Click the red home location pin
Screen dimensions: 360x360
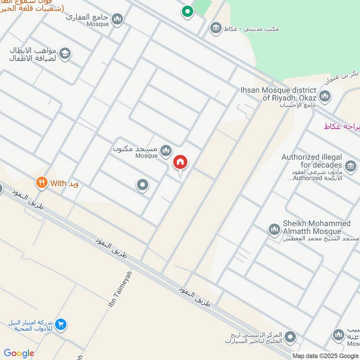pyautogui.click(x=180, y=162)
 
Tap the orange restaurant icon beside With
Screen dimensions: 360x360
pyautogui.click(x=42, y=183)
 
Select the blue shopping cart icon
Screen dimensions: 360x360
pyautogui.click(x=61, y=324)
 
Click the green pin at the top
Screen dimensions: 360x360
pyautogui.click(x=187, y=11)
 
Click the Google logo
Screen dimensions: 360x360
pyautogui.click(x=18, y=353)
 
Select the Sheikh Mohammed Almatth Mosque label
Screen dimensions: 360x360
pyautogui.click(x=316, y=228)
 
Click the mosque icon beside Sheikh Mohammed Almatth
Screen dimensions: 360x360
pyautogui.click(x=274, y=230)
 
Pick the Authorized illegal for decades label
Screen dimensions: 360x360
pyautogui.click(x=312, y=161)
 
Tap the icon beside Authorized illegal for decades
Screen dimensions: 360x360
pyautogui.click(x=351, y=166)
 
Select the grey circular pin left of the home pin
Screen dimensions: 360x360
pyautogui.click(x=143, y=184)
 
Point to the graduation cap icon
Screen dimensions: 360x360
pyautogui.click(x=65, y=54)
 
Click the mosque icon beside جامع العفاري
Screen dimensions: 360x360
pyautogui.click(x=117, y=19)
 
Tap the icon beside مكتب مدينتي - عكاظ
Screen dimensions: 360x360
pyautogui.click(x=216, y=28)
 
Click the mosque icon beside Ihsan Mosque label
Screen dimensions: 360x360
pyautogui.click(x=324, y=96)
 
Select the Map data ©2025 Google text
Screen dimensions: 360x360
pyautogui.click(x=326, y=355)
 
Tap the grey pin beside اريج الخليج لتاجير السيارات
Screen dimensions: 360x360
pyautogui.click(x=291, y=337)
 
